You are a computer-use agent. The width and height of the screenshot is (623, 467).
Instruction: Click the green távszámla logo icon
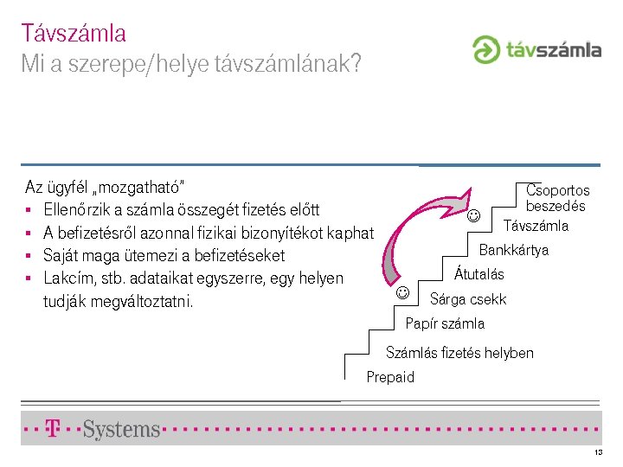pos(486,49)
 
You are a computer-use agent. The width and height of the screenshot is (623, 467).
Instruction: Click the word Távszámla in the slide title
pos(74,34)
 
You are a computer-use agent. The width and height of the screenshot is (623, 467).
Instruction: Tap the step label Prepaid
pos(390,377)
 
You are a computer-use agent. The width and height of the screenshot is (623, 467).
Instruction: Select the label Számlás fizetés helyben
pos(459,352)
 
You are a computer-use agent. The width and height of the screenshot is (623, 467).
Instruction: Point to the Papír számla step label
pos(445,323)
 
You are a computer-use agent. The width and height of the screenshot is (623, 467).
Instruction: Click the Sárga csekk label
pos(468,299)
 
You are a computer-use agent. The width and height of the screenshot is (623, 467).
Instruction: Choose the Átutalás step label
pos(479,275)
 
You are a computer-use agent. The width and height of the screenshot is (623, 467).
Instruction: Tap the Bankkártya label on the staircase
pos(513,251)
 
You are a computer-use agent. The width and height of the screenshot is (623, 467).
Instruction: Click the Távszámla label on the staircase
pos(536,227)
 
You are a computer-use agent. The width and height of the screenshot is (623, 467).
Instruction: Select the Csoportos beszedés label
pos(557,198)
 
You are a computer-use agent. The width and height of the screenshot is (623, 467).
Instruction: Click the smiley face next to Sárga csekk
pos(402,292)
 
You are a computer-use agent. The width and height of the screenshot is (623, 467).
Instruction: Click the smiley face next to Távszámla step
pos(473,215)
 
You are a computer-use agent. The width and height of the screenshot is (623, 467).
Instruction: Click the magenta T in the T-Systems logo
pos(53,428)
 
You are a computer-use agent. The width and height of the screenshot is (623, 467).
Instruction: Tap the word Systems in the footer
pos(122,429)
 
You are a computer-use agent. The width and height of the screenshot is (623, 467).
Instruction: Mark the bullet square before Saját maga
pos(29,256)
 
